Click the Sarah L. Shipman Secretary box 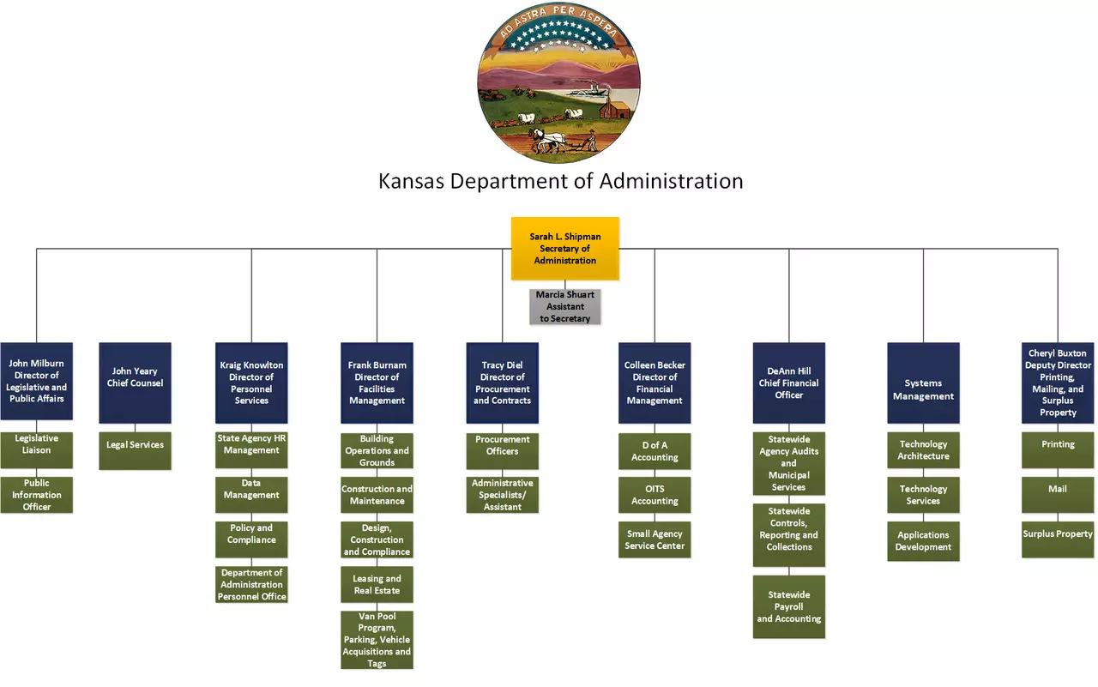[x=564, y=249]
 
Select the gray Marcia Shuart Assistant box [x=564, y=306]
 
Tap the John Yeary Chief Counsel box [x=135, y=383]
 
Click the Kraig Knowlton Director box [x=251, y=383]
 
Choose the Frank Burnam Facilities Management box [x=377, y=383]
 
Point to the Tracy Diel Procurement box [x=502, y=383]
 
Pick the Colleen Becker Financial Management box [x=655, y=383]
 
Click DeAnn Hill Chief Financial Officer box [x=789, y=383]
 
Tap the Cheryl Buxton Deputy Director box [x=1058, y=383]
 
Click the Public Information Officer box [x=37, y=495]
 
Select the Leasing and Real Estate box [x=377, y=585]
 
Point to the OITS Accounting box [x=655, y=495]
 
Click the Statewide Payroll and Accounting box [x=789, y=606]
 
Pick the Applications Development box [x=923, y=541]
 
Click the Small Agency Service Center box [x=655, y=539]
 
